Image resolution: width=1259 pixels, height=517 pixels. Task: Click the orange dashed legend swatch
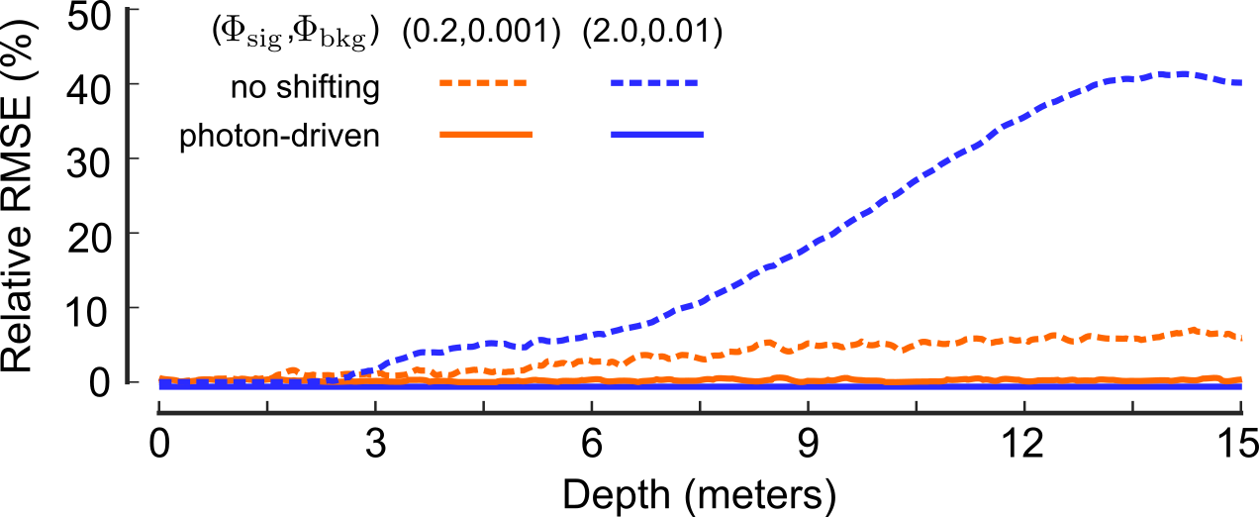pos(483,83)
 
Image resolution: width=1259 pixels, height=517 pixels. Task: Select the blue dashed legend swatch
pos(654,83)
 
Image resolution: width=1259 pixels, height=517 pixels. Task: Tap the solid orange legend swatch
pos(486,134)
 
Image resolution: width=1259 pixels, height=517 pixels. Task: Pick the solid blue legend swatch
pos(657,134)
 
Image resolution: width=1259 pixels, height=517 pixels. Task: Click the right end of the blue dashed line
pos(1240,83)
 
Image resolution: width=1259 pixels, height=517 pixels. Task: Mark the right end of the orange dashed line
pos(1240,338)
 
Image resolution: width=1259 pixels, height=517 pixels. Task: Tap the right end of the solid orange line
pos(1240,379)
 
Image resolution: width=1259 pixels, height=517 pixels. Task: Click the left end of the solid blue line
pos(160,385)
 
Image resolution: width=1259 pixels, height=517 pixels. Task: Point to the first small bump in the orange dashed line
pos(292,370)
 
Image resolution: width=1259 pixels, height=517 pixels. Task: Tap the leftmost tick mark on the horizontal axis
pos(158,406)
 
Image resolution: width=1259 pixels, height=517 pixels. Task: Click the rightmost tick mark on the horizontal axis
pos(1241,406)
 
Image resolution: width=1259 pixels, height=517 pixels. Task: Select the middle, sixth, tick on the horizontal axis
pos(700,406)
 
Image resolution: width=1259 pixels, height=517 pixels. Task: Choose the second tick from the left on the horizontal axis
pos(267,406)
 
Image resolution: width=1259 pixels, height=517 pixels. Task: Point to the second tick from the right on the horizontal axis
pos(1132,406)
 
